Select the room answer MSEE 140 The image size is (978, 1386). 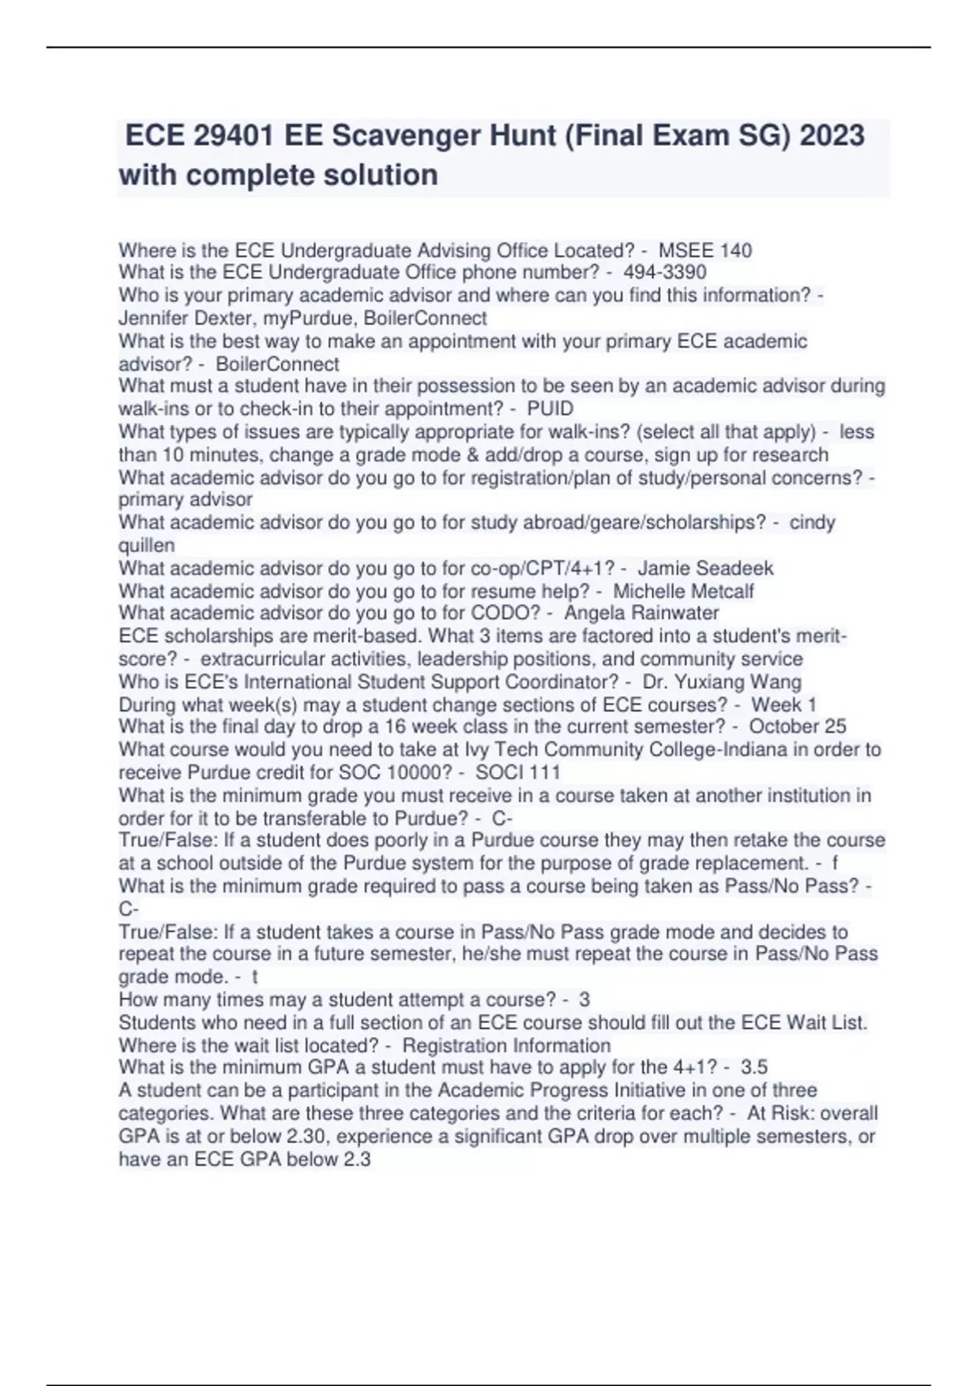[x=705, y=250]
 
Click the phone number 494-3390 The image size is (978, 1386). [x=664, y=272]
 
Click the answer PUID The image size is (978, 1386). [x=550, y=408]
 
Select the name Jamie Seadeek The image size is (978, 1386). [x=705, y=568]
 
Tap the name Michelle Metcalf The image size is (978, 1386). [x=683, y=591]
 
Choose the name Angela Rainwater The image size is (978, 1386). [x=641, y=613]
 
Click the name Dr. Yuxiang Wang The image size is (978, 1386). [x=721, y=682]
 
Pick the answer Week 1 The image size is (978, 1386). [x=783, y=704]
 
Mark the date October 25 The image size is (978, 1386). [x=797, y=726]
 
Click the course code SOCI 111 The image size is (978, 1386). [x=518, y=772]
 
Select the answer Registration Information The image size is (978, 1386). [x=506, y=1045]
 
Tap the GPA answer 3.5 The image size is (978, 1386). [x=754, y=1067]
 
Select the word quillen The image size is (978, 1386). [x=147, y=545]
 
